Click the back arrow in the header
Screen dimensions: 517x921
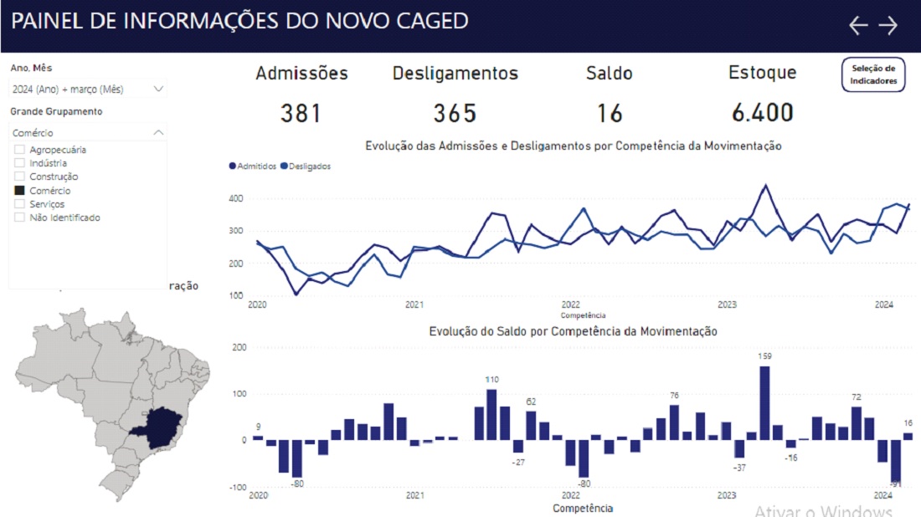pyautogui.click(x=858, y=26)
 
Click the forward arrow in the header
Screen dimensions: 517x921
pyautogui.click(x=888, y=26)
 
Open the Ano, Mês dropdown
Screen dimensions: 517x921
pyautogui.click(x=88, y=89)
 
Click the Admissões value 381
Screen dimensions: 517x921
pyautogui.click(x=301, y=113)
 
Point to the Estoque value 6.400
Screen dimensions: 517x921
pyautogui.click(x=761, y=113)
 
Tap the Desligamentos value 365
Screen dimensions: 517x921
pyautogui.click(x=455, y=113)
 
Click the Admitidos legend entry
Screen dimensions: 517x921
pyautogui.click(x=253, y=166)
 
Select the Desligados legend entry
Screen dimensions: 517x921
pyautogui.click(x=306, y=166)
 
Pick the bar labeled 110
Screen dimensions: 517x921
pyautogui.click(x=491, y=414)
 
